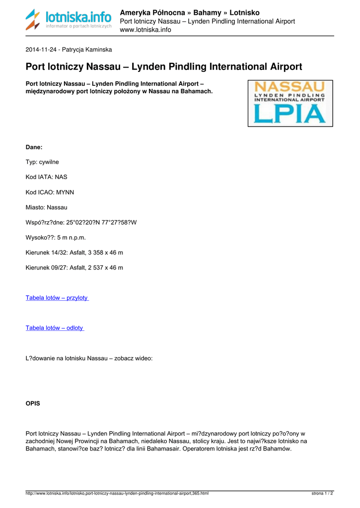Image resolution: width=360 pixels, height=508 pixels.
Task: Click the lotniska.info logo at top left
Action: point(69,20)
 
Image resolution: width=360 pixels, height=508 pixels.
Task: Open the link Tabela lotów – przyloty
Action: point(57,298)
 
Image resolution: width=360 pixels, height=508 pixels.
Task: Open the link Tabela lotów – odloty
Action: point(55,328)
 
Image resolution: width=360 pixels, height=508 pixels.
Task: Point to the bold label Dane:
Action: point(34,147)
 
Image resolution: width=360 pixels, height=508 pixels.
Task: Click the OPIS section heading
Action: point(33,403)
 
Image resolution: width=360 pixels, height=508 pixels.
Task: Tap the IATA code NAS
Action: point(61,177)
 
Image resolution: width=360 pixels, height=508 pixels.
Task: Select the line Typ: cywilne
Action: point(42,162)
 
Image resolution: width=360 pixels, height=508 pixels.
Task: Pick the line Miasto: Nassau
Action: point(46,207)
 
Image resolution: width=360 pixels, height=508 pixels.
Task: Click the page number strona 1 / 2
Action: point(322,494)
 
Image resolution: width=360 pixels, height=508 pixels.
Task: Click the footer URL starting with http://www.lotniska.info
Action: point(117,494)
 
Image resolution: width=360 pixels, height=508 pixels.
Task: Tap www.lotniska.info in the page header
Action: point(145,30)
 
